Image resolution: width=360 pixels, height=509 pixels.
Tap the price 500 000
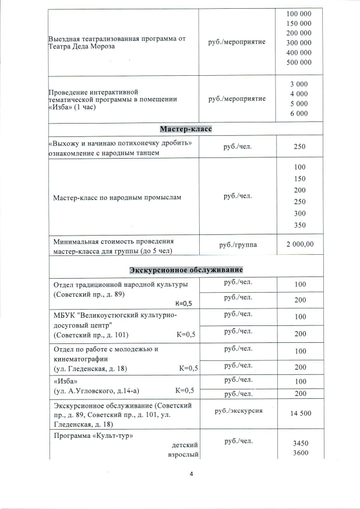[x=299, y=62]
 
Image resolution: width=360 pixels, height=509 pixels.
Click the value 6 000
[x=298, y=114]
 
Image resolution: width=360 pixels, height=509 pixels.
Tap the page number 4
[x=191, y=473]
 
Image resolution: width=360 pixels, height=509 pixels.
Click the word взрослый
[x=183, y=455]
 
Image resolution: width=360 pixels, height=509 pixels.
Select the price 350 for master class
[x=299, y=225]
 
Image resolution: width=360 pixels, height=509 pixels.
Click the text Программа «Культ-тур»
[x=90, y=436]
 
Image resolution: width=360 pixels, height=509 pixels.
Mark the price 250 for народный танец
[x=299, y=148]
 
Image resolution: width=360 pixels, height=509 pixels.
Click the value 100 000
[x=299, y=13]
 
